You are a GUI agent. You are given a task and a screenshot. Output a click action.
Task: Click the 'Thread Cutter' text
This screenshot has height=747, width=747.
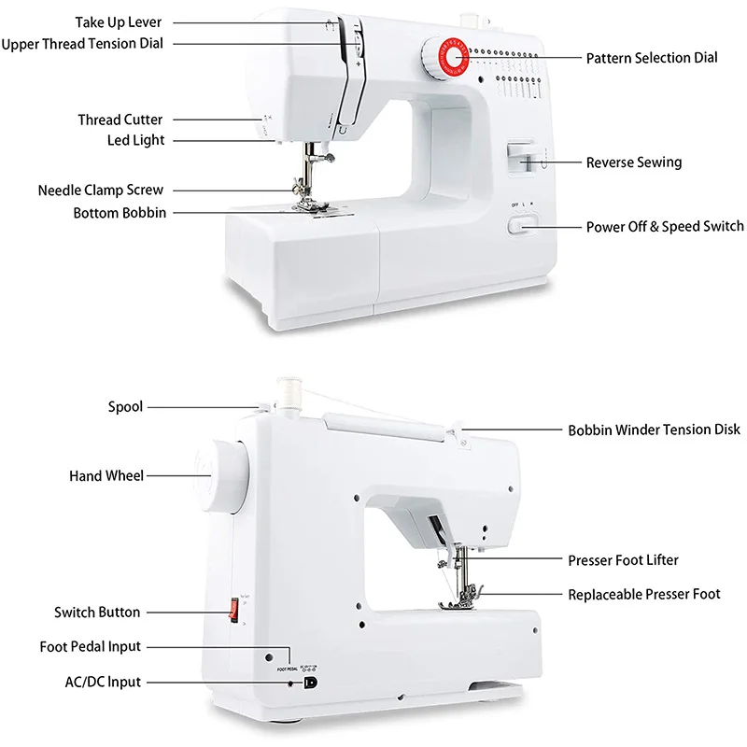[120, 120]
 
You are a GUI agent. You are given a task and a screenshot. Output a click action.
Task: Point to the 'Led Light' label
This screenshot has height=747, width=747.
[135, 140]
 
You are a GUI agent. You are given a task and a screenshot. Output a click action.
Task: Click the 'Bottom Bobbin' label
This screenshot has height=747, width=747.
[120, 213]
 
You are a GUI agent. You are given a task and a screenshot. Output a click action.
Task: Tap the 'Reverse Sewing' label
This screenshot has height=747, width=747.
[633, 162]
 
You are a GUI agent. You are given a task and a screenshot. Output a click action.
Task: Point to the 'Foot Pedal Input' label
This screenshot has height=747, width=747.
[91, 647]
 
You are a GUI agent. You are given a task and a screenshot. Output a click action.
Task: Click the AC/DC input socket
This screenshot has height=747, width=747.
[310, 683]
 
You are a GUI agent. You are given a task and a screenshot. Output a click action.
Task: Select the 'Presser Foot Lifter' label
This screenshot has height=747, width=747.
[623, 560]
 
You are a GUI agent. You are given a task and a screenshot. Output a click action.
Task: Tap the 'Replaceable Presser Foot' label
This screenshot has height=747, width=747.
[644, 594]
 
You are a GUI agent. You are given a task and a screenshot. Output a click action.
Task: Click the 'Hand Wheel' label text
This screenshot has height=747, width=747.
[106, 476]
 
